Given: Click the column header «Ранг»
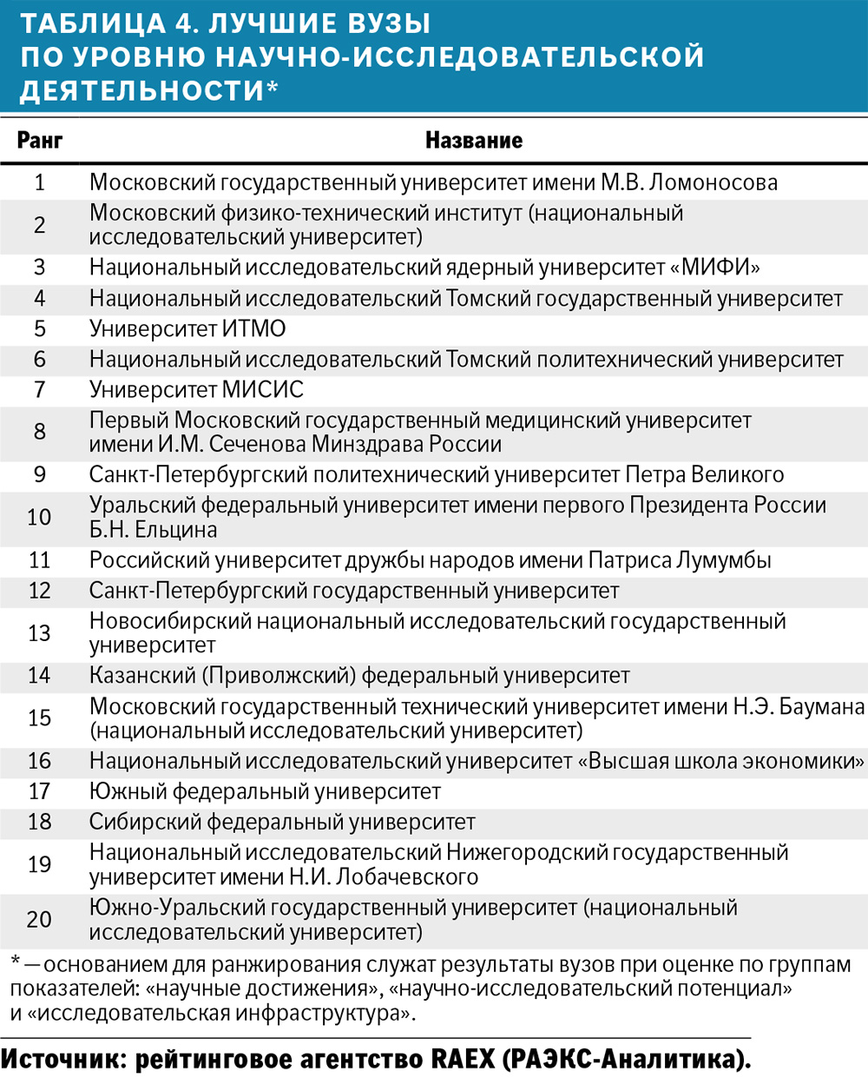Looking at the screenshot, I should tap(40, 141).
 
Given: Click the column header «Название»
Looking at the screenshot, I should tap(474, 141).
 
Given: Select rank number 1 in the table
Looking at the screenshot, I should tap(39, 182).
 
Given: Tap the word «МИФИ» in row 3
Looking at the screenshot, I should tap(716, 268).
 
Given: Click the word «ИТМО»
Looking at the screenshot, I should tap(253, 329).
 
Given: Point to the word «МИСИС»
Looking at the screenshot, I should tap(263, 390).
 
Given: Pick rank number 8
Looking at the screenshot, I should tap(39, 432).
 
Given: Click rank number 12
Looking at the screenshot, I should tap(39, 591).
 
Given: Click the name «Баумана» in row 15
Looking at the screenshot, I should tap(821, 706).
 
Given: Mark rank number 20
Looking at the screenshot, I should tap(39, 919).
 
